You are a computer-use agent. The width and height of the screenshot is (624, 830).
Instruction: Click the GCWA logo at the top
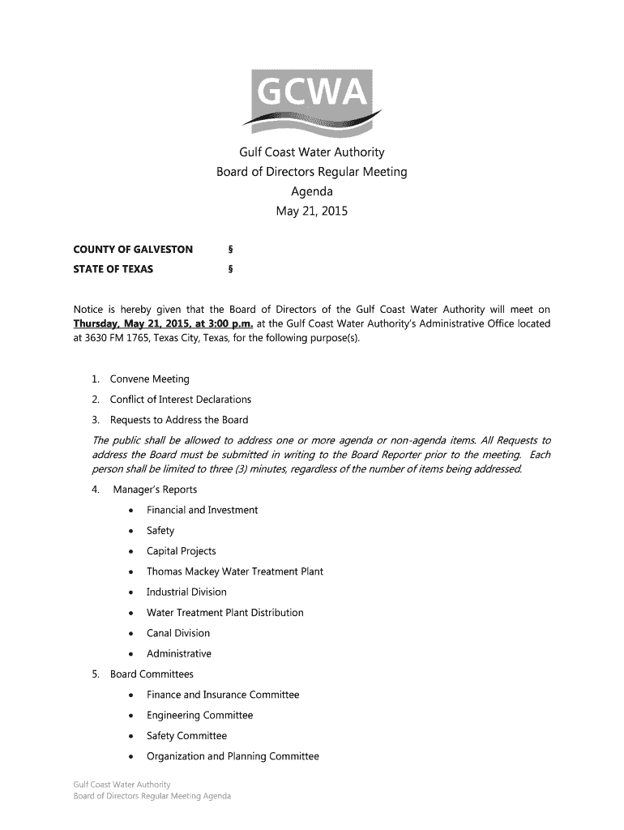point(312,101)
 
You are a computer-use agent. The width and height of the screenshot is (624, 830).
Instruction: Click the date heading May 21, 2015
point(311,212)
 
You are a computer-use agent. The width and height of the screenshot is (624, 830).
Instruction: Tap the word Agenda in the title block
point(312,192)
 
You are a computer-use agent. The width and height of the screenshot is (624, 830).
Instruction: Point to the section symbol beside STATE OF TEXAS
point(231,269)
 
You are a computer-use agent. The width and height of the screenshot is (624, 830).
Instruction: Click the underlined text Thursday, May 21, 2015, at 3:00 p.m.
point(163,324)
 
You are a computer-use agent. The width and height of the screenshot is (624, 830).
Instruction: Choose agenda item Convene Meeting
point(149,379)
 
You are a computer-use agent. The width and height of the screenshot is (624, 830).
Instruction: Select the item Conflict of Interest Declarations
point(180,400)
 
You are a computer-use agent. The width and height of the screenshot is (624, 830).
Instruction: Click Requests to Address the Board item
point(178,420)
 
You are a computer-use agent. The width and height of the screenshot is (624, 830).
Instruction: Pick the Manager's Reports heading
point(155,490)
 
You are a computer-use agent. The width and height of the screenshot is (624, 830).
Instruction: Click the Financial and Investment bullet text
point(202,510)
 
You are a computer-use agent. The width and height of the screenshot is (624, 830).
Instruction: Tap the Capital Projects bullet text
point(181,551)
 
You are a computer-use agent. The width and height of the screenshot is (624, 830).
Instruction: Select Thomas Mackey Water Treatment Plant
point(234,571)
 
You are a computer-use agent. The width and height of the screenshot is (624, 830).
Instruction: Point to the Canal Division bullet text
point(177,633)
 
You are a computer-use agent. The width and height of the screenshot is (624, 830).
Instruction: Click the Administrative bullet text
point(178,654)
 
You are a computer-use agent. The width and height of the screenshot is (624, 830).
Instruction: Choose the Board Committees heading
point(152,674)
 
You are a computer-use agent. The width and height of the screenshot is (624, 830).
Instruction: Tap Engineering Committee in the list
point(199,716)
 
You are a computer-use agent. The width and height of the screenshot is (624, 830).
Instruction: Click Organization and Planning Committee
point(233,757)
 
